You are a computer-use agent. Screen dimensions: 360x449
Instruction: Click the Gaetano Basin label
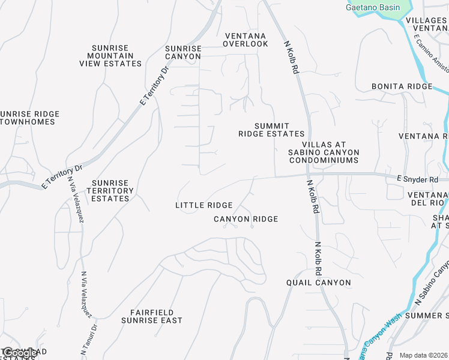click(x=373, y=7)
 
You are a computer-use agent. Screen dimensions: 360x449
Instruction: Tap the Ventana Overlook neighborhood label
click(x=246, y=40)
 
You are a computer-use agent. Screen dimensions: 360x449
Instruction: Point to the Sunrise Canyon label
click(x=183, y=52)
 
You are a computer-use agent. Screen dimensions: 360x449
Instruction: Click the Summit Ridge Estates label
click(x=271, y=130)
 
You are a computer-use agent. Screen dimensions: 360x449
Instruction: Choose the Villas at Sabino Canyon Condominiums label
click(x=324, y=152)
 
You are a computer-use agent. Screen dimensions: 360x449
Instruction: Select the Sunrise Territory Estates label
click(x=110, y=190)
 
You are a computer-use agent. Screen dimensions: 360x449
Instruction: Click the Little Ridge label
click(x=203, y=205)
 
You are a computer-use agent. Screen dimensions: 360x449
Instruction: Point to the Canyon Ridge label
click(x=246, y=219)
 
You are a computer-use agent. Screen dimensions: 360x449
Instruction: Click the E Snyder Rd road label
click(x=417, y=179)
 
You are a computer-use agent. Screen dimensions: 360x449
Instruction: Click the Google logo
click(x=19, y=353)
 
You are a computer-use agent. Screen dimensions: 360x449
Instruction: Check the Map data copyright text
click(x=424, y=355)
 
